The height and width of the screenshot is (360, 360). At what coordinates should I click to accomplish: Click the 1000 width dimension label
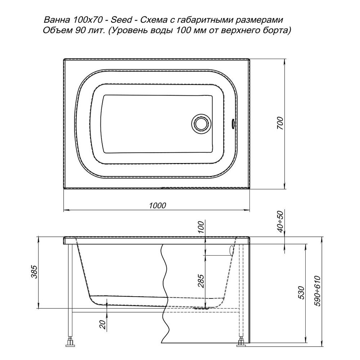(x=157, y=205)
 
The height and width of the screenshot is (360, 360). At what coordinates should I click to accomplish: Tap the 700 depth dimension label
(x=280, y=123)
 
